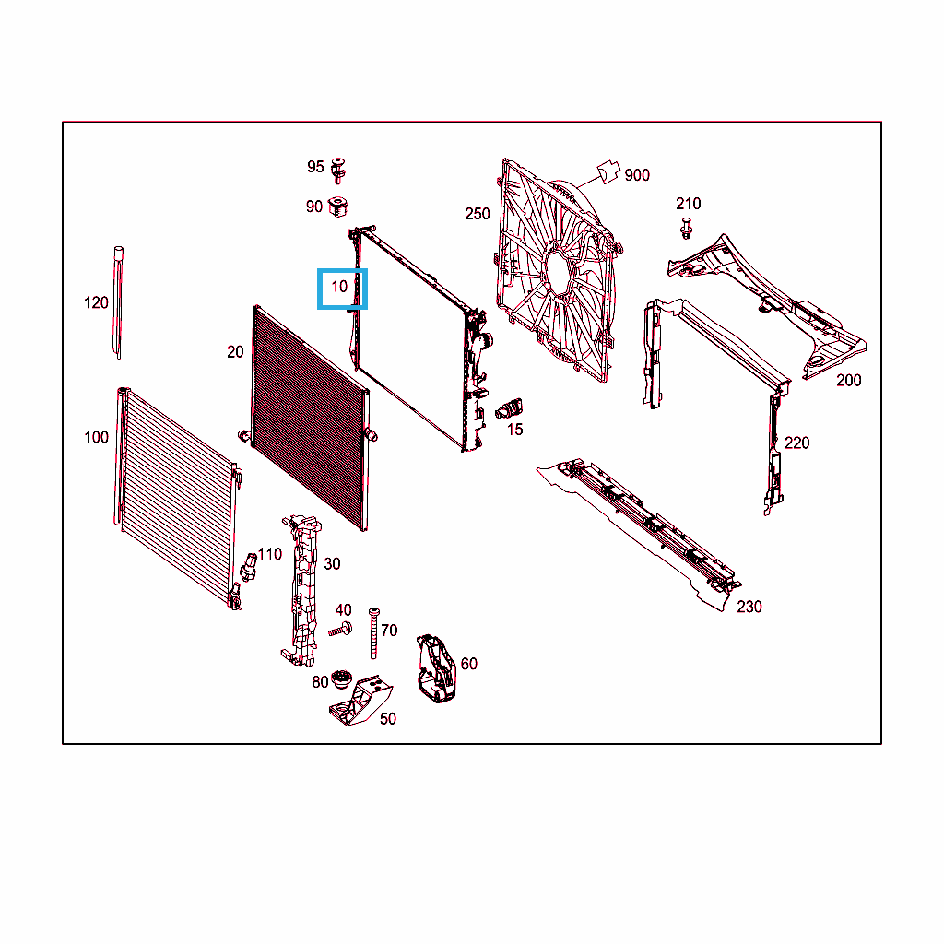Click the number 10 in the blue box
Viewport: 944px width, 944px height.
(x=339, y=287)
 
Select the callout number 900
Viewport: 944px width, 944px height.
(x=637, y=175)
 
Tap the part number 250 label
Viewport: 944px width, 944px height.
(x=478, y=214)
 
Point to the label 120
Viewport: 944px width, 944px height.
(x=96, y=302)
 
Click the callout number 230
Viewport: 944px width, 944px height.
(x=749, y=607)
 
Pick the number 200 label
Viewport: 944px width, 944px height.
(x=849, y=381)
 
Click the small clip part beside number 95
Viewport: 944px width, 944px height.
(x=338, y=171)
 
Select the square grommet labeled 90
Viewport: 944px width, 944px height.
(x=338, y=207)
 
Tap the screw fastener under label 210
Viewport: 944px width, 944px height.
(x=686, y=229)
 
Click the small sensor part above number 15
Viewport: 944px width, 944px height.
(x=509, y=408)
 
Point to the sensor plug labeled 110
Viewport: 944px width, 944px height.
(x=249, y=567)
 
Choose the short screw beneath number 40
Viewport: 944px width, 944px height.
(x=341, y=630)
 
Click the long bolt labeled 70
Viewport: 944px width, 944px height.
(x=374, y=632)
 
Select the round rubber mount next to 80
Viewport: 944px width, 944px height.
(x=341, y=679)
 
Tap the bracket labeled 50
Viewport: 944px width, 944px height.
(x=361, y=702)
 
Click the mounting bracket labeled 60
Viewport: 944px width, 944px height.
(x=436, y=668)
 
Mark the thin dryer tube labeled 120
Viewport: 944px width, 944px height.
(x=119, y=302)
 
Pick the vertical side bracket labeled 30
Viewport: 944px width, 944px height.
(x=301, y=590)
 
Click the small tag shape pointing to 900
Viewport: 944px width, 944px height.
(x=608, y=171)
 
